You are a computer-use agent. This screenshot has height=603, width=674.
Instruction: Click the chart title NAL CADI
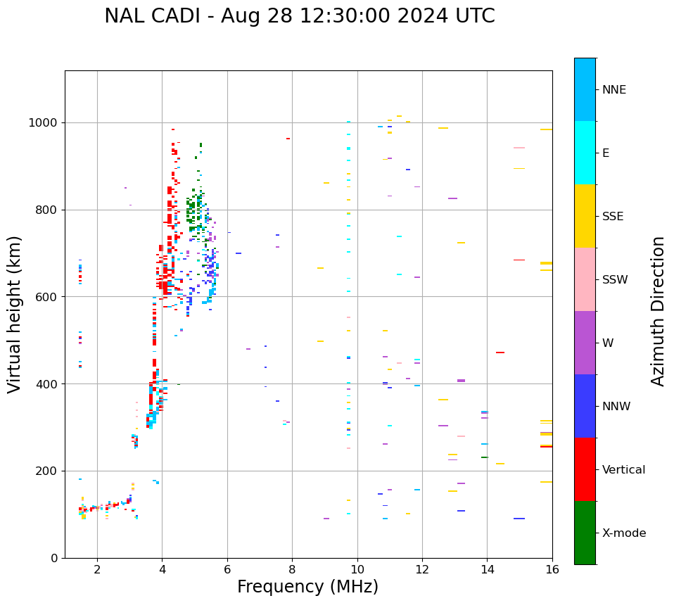coord(299,16)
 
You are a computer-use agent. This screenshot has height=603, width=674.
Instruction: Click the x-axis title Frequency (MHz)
coord(307,587)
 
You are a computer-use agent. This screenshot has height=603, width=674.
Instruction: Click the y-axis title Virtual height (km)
coord(15,314)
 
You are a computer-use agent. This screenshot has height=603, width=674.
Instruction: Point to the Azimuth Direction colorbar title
coord(658,311)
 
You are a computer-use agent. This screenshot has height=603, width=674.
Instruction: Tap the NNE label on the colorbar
coord(614,90)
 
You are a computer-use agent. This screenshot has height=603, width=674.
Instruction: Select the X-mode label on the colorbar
coord(624,533)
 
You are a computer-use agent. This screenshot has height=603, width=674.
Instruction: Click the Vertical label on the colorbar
coord(625,470)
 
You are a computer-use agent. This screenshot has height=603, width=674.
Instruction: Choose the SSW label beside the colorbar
coord(615,280)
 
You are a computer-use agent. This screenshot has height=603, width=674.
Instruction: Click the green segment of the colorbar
coord(585,533)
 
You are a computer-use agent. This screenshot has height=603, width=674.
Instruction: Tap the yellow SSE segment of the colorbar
coord(585,216)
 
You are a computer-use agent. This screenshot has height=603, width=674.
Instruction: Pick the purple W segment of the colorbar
coord(585,343)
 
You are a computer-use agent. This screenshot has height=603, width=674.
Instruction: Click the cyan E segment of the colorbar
coord(585,153)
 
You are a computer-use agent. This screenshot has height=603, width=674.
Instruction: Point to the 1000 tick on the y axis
coord(44,122)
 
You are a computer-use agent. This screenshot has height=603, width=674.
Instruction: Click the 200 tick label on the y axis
coord(48,471)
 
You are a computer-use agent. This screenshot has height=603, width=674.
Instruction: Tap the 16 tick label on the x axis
coord(552,569)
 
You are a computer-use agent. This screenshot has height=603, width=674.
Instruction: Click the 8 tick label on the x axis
coord(292,569)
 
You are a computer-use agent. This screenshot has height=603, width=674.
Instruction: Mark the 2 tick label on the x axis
coord(97,569)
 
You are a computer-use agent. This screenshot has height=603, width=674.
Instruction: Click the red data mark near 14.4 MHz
coord(500,353)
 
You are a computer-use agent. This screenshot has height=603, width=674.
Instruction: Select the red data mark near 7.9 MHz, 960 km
coord(288,139)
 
